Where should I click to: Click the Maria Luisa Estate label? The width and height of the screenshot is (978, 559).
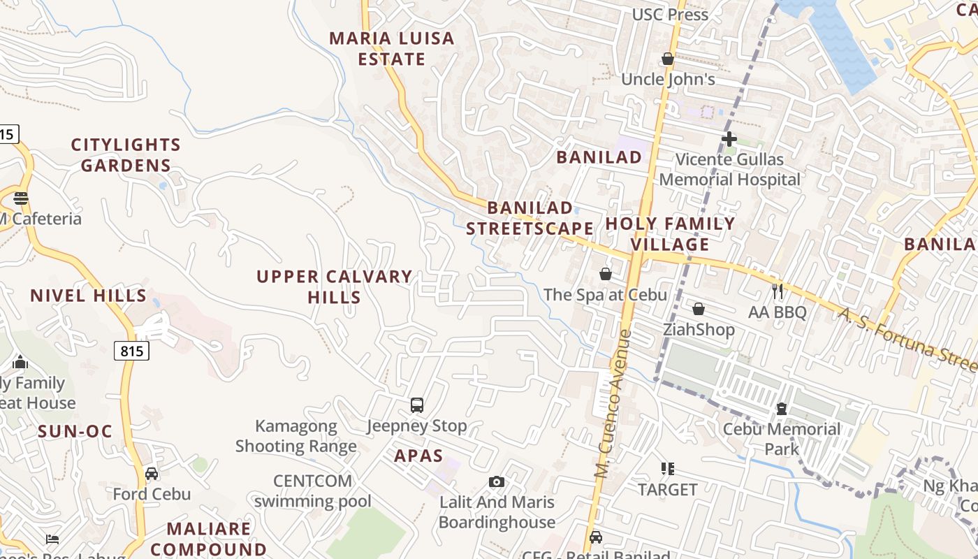tap(392, 48)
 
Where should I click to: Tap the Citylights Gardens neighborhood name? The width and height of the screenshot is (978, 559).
tap(126, 155)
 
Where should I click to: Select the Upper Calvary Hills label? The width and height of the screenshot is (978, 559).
tap(334, 286)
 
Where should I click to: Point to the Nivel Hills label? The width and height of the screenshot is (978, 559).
tap(88, 296)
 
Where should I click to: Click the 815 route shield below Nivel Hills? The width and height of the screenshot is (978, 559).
tap(131, 351)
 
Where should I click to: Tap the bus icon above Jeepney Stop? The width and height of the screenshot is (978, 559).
tap(417, 405)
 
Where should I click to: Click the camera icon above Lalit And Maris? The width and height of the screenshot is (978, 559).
tap(497, 481)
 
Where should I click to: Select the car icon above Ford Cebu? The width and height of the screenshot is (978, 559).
tap(152, 474)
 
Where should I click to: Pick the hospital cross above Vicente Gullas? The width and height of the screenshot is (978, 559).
tap(729, 139)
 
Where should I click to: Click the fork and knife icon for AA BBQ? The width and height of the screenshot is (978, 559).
tap(778, 291)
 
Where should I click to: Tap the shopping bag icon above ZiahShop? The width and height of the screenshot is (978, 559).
tap(699, 309)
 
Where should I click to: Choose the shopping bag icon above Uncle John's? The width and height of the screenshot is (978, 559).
tap(668, 59)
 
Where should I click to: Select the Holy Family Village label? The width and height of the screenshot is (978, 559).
tap(670, 233)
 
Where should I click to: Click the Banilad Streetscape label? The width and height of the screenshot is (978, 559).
tap(530, 218)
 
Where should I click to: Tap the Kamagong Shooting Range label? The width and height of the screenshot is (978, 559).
tap(296, 436)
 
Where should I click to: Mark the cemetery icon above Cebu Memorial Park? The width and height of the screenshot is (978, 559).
tap(782, 408)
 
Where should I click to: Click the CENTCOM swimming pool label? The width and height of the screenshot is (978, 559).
tap(313, 491)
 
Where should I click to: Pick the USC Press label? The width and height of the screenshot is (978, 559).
tap(670, 15)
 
